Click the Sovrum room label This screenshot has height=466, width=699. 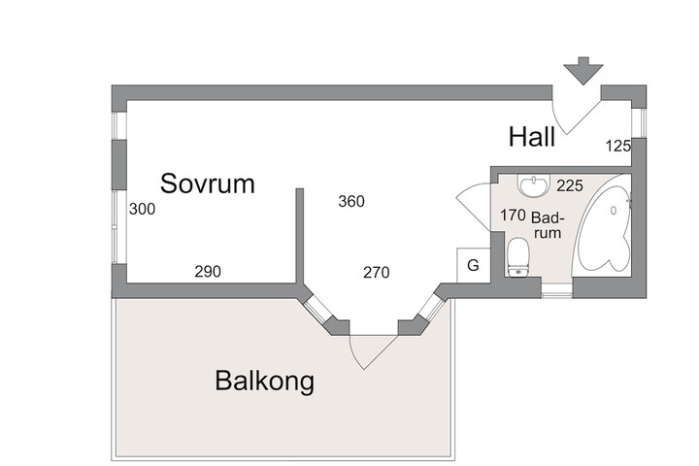(x=208, y=183)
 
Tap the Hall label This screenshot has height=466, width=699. (x=532, y=137)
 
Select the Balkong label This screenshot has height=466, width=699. (x=264, y=381)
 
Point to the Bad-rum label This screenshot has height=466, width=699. (x=548, y=225)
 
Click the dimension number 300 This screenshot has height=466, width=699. (x=142, y=209)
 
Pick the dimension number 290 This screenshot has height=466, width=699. (x=208, y=271)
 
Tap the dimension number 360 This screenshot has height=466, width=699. (x=351, y=202)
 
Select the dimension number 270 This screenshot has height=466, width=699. (x=377, y=272)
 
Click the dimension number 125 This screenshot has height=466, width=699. (x=618, y=146)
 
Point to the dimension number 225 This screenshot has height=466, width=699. (x=570, y=185)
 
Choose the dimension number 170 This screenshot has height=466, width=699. (x=513, y=216)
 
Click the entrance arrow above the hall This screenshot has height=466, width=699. (x=583, y=71)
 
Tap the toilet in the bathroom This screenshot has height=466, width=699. (x=517, y=257)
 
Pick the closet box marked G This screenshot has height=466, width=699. (x=474, y=265)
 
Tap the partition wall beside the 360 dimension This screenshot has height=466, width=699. (x=300, y=236)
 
